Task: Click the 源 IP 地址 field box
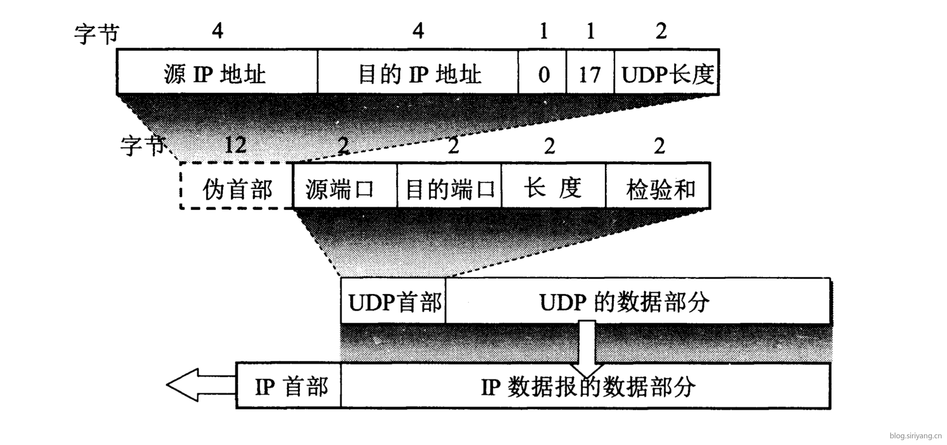(x=217, y=72)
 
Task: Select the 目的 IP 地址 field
(x=418, y=72)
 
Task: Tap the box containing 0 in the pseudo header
(x=543, y=72)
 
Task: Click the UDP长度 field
(x=667, y=72)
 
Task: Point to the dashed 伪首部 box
(x=236, y=186)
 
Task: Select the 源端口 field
(x=345, y=186)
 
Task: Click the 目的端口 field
(x=449, y=186)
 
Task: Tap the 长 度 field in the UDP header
(x=554, y=186)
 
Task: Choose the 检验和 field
(x=658, y=186)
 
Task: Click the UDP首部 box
(x=393, y=301)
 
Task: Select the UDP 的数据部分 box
(x=638, y=301)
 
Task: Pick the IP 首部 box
(x=288, y=386)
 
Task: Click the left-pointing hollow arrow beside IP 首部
(x=201, y=385)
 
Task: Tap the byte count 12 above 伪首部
(x=236, y=145)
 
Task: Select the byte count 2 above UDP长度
(x=661, y=31)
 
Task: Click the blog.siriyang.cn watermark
(x=915, y=436)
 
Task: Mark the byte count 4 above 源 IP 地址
(x=217, y=31)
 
